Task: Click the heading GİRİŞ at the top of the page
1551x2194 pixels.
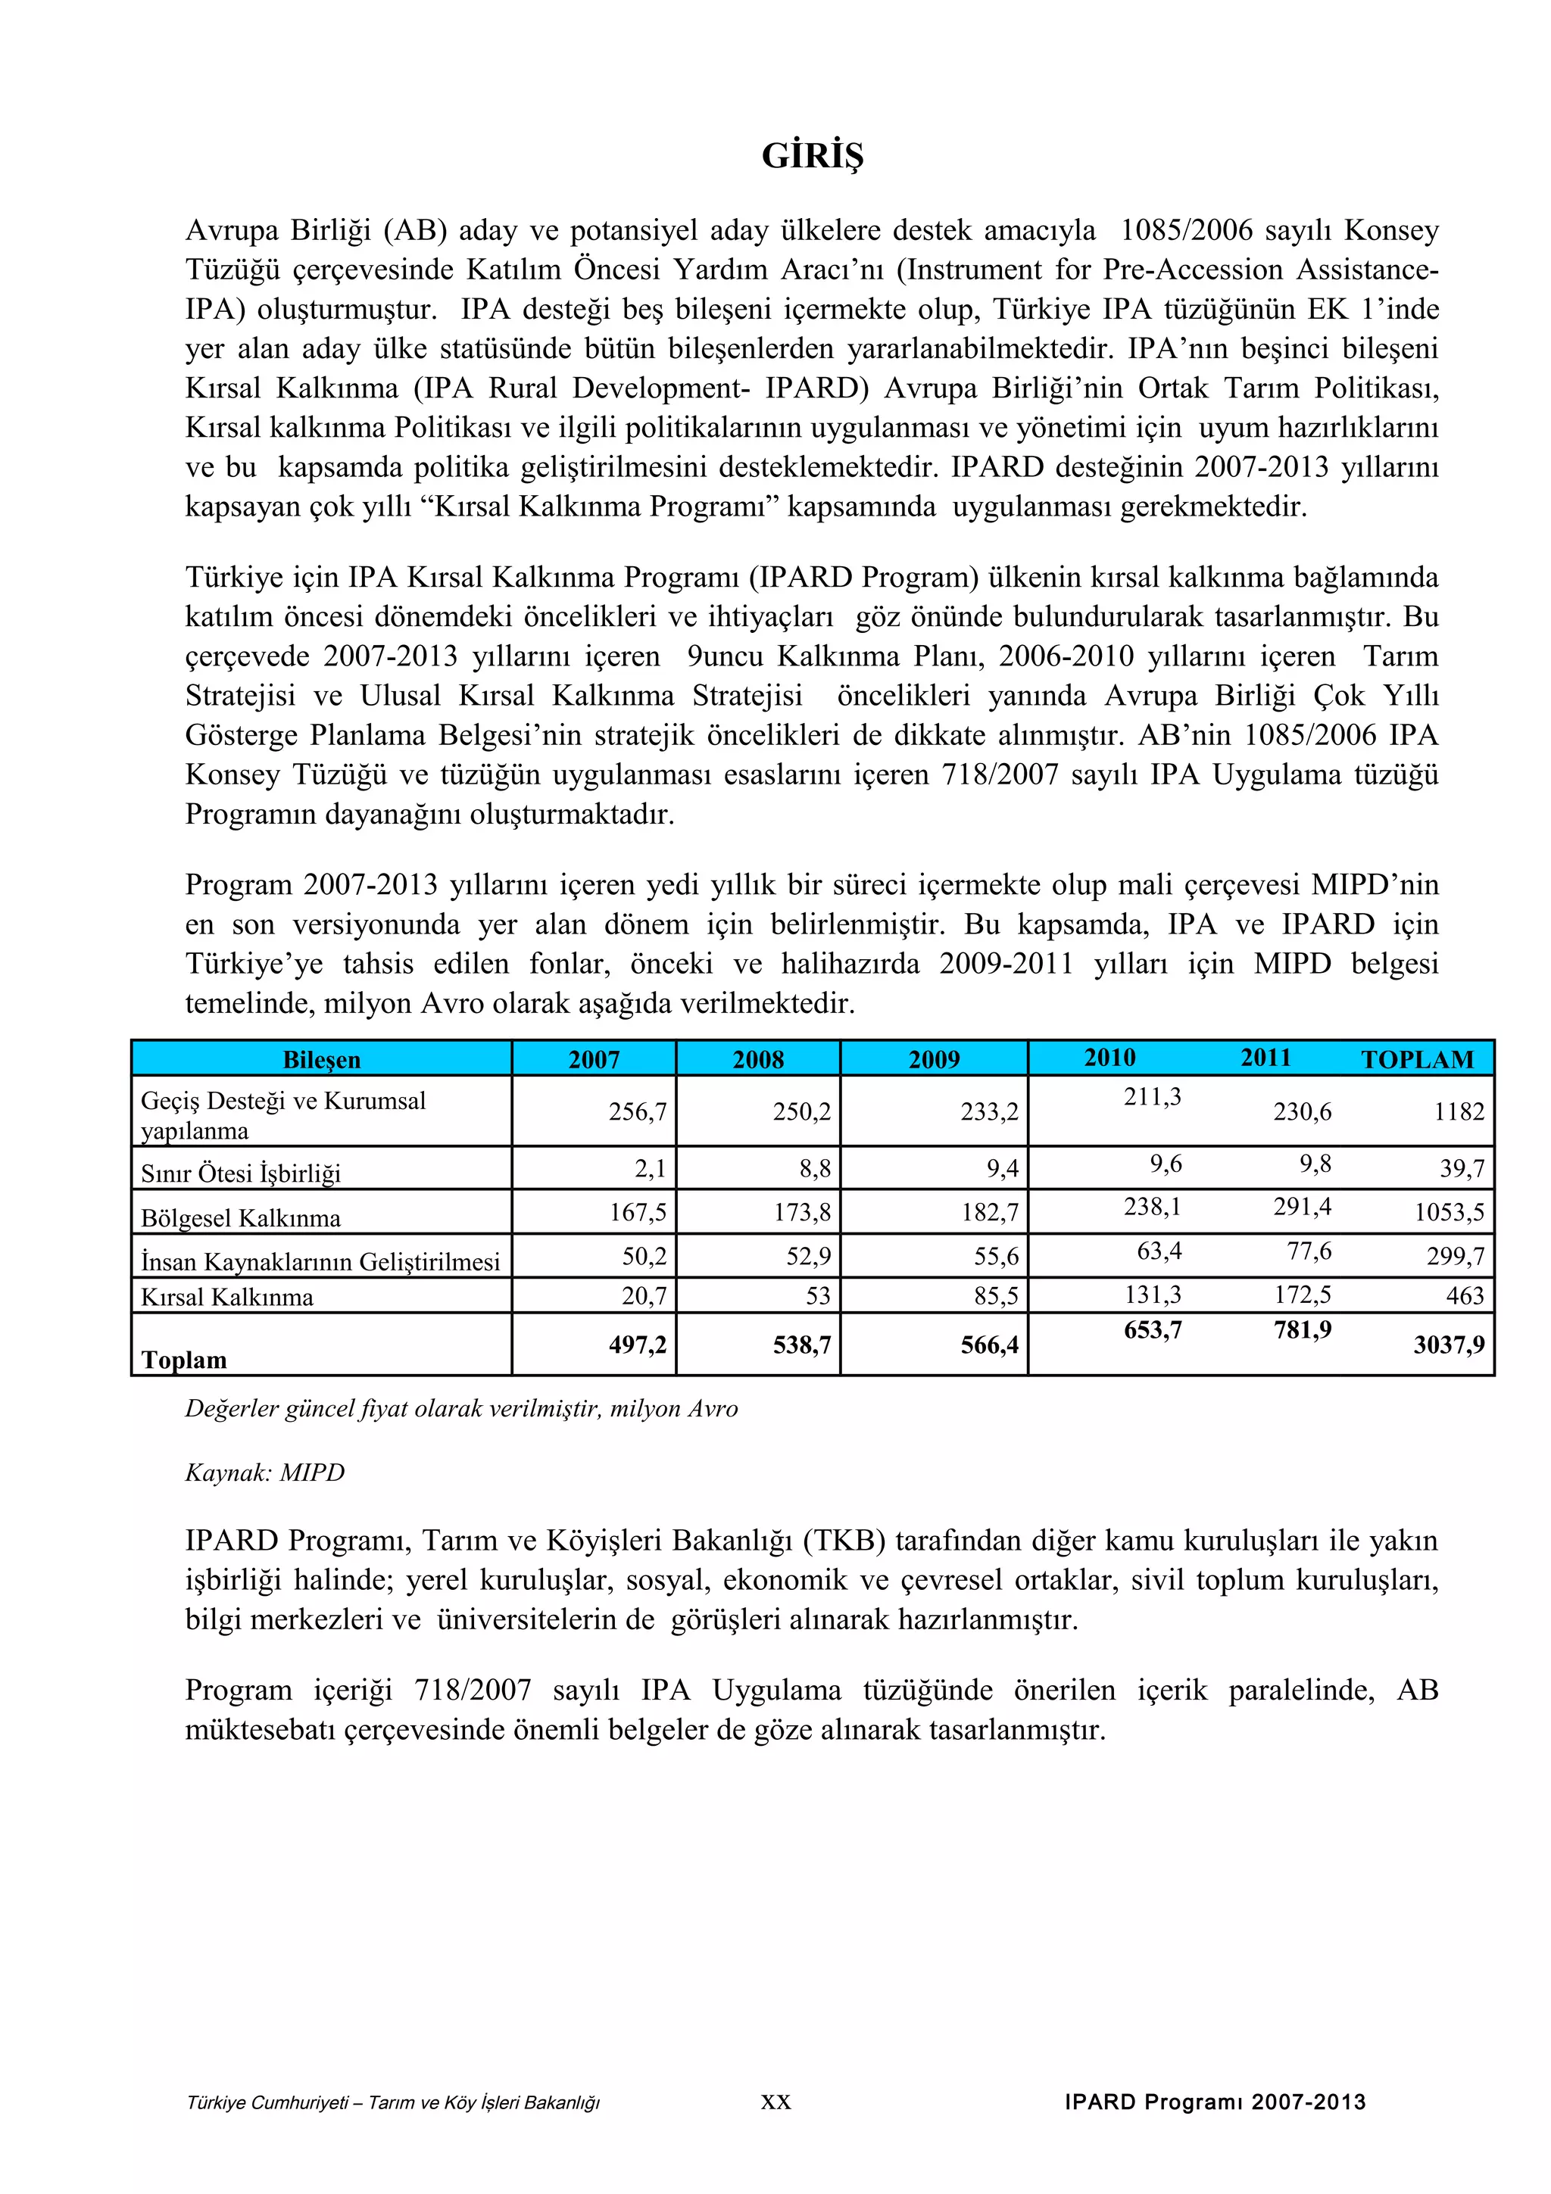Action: point(813,156)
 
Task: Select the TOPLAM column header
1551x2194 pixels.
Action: point(1416,1060)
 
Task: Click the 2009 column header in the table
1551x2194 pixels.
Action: point(934,1060)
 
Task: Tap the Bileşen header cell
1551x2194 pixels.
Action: point(321,1060)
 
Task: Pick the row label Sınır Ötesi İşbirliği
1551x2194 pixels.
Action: point(241,1173)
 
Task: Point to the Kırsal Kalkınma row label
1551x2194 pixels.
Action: point(227,1297)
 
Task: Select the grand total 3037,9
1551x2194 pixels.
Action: point(1449,1345)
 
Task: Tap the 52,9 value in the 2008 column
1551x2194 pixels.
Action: point(809,1256)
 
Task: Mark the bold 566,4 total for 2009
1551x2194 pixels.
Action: point(990,1345)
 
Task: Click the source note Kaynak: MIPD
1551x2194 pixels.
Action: point(265,1472)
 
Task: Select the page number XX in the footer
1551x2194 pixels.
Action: point(776,2102)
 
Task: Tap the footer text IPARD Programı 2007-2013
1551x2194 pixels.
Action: point(1215,2102)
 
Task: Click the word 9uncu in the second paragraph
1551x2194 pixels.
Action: point(722,656)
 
